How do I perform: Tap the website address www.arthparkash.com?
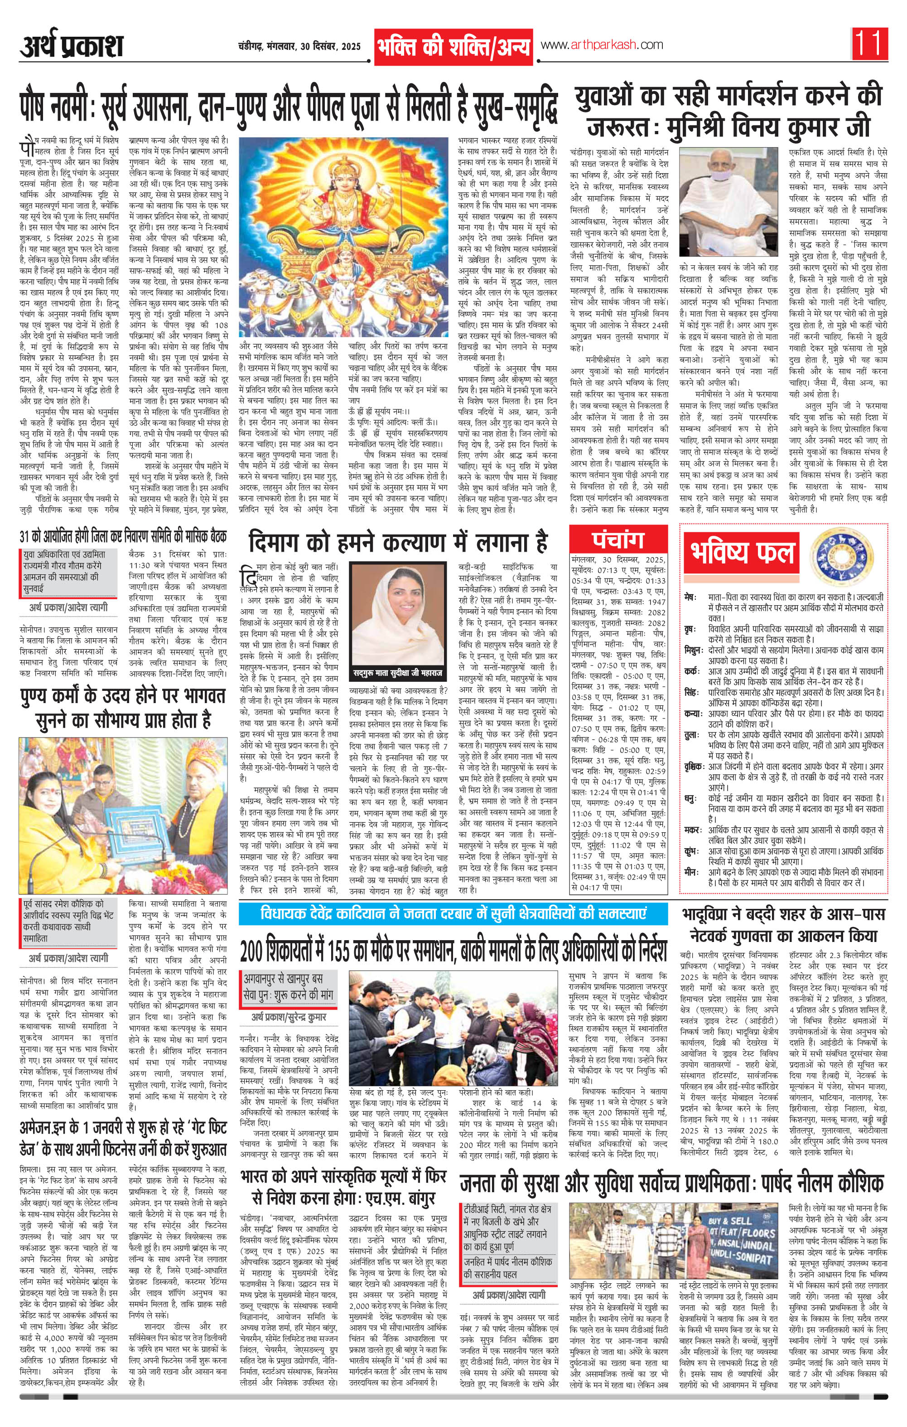click(x=601, y=45)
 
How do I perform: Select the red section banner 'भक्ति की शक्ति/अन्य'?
click(x=453, y=46)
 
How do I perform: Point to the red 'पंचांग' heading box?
click(x=618, y=540)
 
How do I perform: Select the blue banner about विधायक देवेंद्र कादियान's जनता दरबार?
click(x=453, y=914)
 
